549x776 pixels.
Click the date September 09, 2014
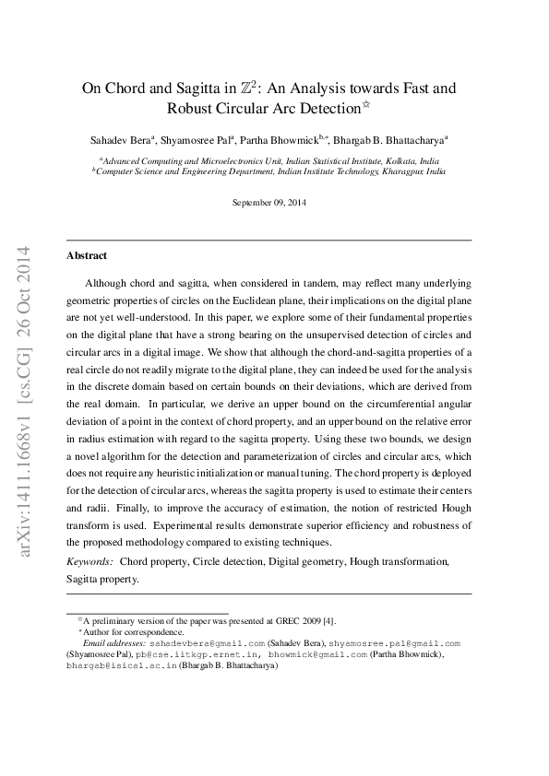click(269, 202)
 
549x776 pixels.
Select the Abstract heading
click(87, 255)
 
